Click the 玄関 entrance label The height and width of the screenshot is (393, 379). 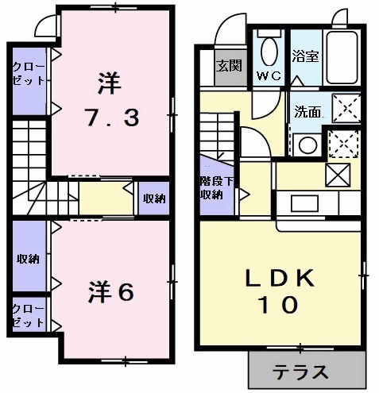[229, 66]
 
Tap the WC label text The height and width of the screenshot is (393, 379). [269, 76]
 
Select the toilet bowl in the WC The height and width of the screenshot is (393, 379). [269, 51]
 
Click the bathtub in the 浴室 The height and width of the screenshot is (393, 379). [342, 58]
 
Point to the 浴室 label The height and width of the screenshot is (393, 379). [305, 56]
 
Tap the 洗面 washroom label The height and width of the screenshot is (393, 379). [307, 111]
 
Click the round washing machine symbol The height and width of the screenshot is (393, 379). [308, 145]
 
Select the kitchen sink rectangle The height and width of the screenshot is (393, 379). [304, 203]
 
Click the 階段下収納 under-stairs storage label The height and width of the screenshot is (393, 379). [217, 188]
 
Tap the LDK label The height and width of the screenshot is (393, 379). [280, 278]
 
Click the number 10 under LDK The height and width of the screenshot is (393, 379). [279, 305]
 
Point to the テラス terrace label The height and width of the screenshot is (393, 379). [300, 372]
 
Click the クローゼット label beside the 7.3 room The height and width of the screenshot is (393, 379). [29, 74]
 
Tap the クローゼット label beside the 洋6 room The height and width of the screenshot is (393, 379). [29, 315]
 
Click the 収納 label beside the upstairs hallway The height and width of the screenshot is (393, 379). [154, 198]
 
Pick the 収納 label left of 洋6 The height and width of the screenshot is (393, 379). [29, 259]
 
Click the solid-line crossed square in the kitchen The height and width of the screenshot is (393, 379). [338, 175]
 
